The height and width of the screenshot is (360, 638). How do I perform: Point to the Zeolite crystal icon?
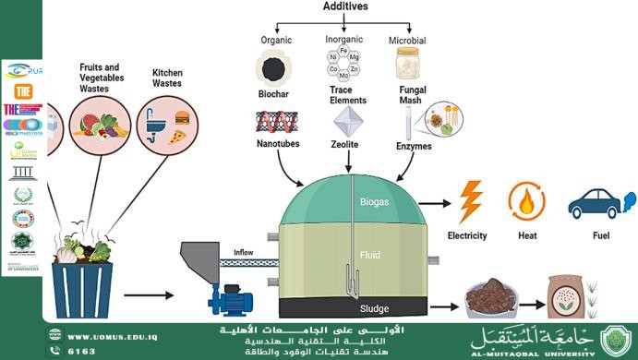pyautogui.click(x=348, y=122)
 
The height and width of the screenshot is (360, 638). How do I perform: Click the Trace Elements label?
pyautogui.click(x=348, y=95)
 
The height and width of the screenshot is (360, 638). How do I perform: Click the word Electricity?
pyautogui.click(x=467, y=236)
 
